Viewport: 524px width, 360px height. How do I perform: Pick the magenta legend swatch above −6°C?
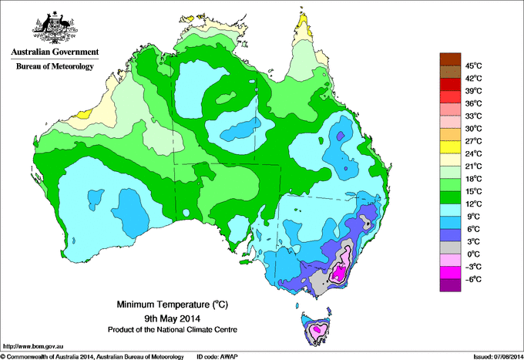point(448,272)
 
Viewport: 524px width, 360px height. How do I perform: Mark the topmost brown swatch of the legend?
point(448,59)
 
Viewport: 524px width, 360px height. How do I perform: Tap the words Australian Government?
point(54,52)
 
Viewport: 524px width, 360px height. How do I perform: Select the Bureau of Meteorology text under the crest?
point(54,67)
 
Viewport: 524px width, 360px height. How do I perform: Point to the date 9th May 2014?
point(172,318)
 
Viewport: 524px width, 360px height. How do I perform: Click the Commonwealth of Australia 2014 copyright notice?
point(92,356)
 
